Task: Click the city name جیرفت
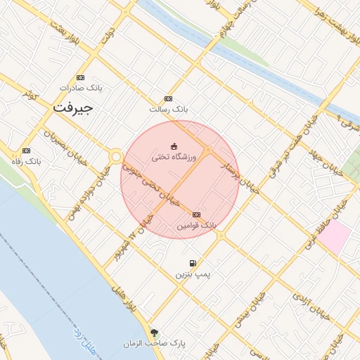pos(72,108)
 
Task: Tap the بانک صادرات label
pos(81,88)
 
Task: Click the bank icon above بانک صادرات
pos(81,77)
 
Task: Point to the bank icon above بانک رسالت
pos(167,99)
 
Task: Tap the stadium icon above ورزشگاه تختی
pos(174,146)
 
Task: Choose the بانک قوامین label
pos(197,226)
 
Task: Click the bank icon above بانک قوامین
pos(196,215)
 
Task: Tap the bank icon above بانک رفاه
pos(27,150)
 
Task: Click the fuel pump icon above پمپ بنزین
pos(193,263)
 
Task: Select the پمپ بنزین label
pos(193,274)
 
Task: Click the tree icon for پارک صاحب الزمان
pos(154,333)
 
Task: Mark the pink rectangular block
pos(333,238)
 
